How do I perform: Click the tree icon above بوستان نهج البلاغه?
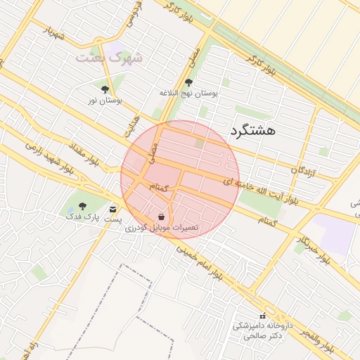188,83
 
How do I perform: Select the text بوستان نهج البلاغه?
188,93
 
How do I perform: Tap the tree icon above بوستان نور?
105,90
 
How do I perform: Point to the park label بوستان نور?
105,101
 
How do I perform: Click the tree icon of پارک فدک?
82,207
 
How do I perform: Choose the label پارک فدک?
80,217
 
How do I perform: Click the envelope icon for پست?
112,209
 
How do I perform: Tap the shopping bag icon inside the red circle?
162,217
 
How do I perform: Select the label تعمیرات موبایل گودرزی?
162,228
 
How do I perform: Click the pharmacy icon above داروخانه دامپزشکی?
263,316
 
